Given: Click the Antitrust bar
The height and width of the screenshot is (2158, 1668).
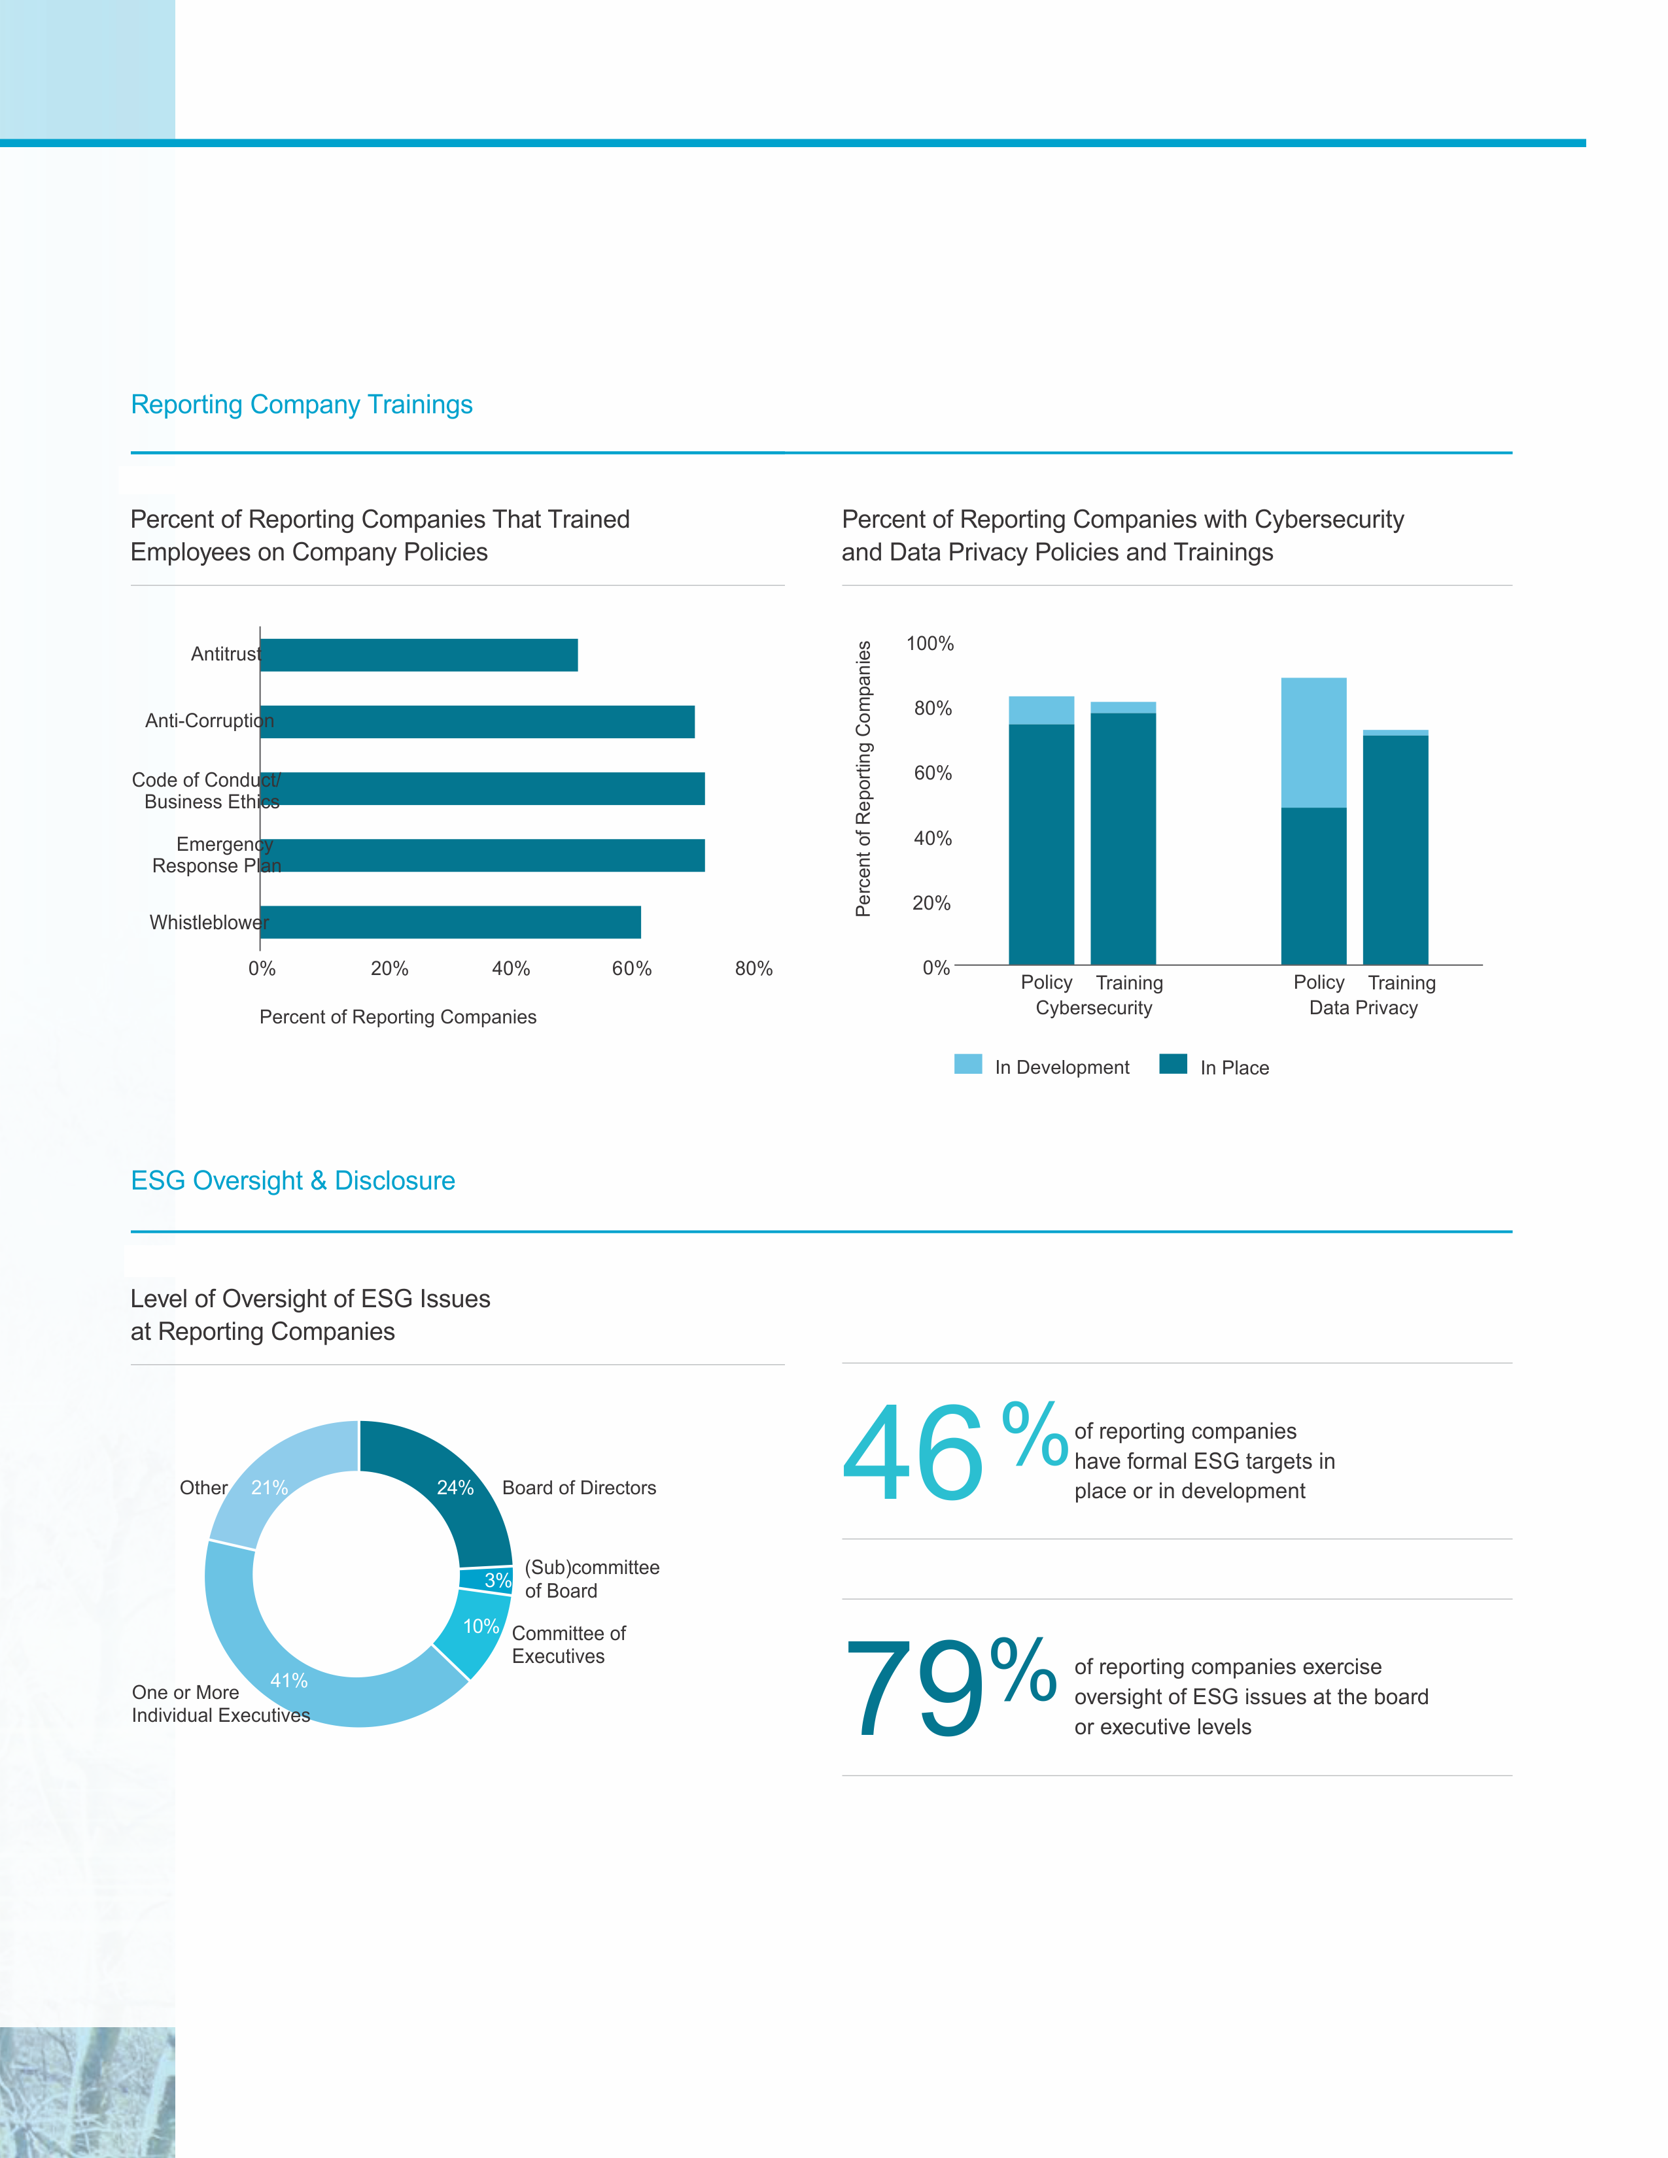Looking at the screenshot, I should coord(419,655).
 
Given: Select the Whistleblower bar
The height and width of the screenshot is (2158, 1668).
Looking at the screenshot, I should coord(451,922).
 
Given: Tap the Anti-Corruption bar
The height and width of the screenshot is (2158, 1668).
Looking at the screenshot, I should coord(478,721).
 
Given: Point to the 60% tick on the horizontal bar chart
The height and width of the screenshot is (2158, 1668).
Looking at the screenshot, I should coord(631,968).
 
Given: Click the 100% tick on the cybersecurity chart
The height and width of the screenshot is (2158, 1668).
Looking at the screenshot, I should coord(930,643).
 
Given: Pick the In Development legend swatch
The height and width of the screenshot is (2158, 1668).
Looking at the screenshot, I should coord(967,1064).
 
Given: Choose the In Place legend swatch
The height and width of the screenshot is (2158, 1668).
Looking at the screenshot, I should coord(1173,1064).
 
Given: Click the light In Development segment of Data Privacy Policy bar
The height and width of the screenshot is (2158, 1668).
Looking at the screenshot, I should coord(1313,742).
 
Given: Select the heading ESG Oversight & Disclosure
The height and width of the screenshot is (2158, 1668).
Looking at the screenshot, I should coord(292,1181).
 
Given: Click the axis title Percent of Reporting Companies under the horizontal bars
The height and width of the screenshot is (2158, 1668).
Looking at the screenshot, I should coord(397,1017).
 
